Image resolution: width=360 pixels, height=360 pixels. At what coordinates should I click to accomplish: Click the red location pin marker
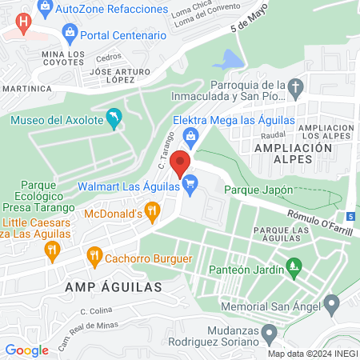pos(181,162)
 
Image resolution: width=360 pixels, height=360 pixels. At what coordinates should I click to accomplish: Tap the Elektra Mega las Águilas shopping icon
pos(191,137)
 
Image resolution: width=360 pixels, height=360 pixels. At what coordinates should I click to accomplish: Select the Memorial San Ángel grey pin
pos(333,303)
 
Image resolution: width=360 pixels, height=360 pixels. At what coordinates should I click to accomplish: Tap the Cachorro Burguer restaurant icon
pos(94,258)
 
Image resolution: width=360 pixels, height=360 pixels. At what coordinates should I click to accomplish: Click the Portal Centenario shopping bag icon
pos(70,35)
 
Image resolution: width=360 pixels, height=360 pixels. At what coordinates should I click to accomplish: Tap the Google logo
pos(26,350)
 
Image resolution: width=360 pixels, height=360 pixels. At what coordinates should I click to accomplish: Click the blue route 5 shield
pos(350,216)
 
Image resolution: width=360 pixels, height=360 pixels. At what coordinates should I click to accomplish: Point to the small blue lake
pos(227,60)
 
